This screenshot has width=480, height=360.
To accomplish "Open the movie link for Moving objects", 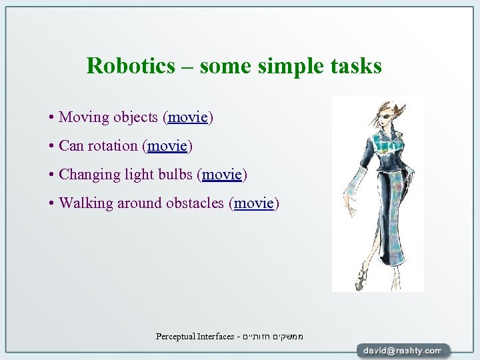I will (x=188, y=117).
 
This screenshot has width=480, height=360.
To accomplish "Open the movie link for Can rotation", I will (x=168, y=145).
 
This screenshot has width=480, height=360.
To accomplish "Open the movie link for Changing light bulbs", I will (x=222, y=174).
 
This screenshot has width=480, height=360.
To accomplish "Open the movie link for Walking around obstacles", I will (x=254, y=203).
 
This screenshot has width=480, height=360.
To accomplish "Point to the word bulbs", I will (x=175, y=174).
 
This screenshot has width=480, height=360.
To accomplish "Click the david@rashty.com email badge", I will (x=403, y=350).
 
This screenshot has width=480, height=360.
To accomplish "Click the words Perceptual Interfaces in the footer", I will (x=195, y=337).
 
